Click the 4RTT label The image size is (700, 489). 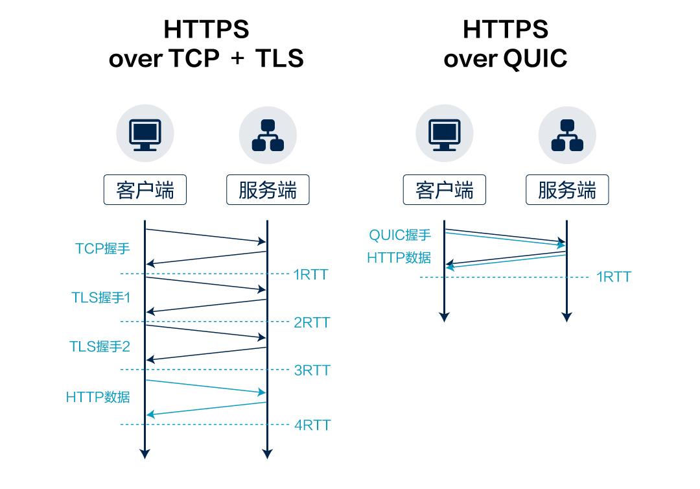(312, 425)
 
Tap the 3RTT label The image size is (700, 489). (312, 370)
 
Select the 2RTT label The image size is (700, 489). (312, 322)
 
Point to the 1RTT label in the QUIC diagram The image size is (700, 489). (613, 278)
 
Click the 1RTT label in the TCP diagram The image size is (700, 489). (311, 274)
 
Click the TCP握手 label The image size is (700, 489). (102, 248)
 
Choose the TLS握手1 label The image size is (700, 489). (101, 298)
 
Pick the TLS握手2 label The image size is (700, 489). (100, 346)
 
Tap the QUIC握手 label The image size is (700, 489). (400, 235)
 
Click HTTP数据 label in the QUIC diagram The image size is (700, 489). (399, 257)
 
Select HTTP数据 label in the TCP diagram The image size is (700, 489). (98, 396)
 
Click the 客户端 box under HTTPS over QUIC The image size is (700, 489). (444, 191)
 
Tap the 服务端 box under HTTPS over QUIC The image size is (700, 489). (566, 191)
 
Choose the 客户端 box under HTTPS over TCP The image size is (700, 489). (145, 191)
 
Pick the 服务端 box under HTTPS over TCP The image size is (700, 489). (267, 191)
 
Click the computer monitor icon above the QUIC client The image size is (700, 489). (444, 134)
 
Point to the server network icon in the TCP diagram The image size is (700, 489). (267, 134)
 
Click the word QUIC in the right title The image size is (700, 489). (535, 59)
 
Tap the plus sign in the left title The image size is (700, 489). (238, 59)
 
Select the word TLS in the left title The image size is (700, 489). (279, 59)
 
